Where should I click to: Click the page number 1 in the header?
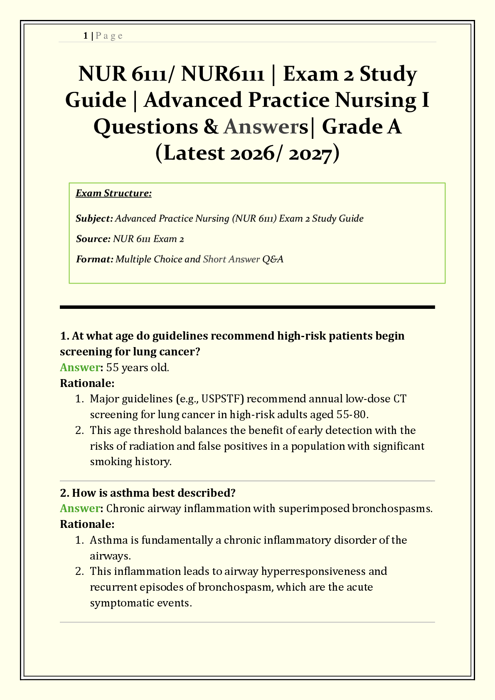85,36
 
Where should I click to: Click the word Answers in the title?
266,127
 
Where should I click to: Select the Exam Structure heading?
113,193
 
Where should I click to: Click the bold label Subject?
94,219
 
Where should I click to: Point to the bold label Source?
93,239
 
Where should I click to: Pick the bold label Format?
94,259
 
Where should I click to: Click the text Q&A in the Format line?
273,259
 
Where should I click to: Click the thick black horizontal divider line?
247,307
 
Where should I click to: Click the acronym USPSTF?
224,399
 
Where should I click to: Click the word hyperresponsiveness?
313,572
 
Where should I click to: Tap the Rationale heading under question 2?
87,524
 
